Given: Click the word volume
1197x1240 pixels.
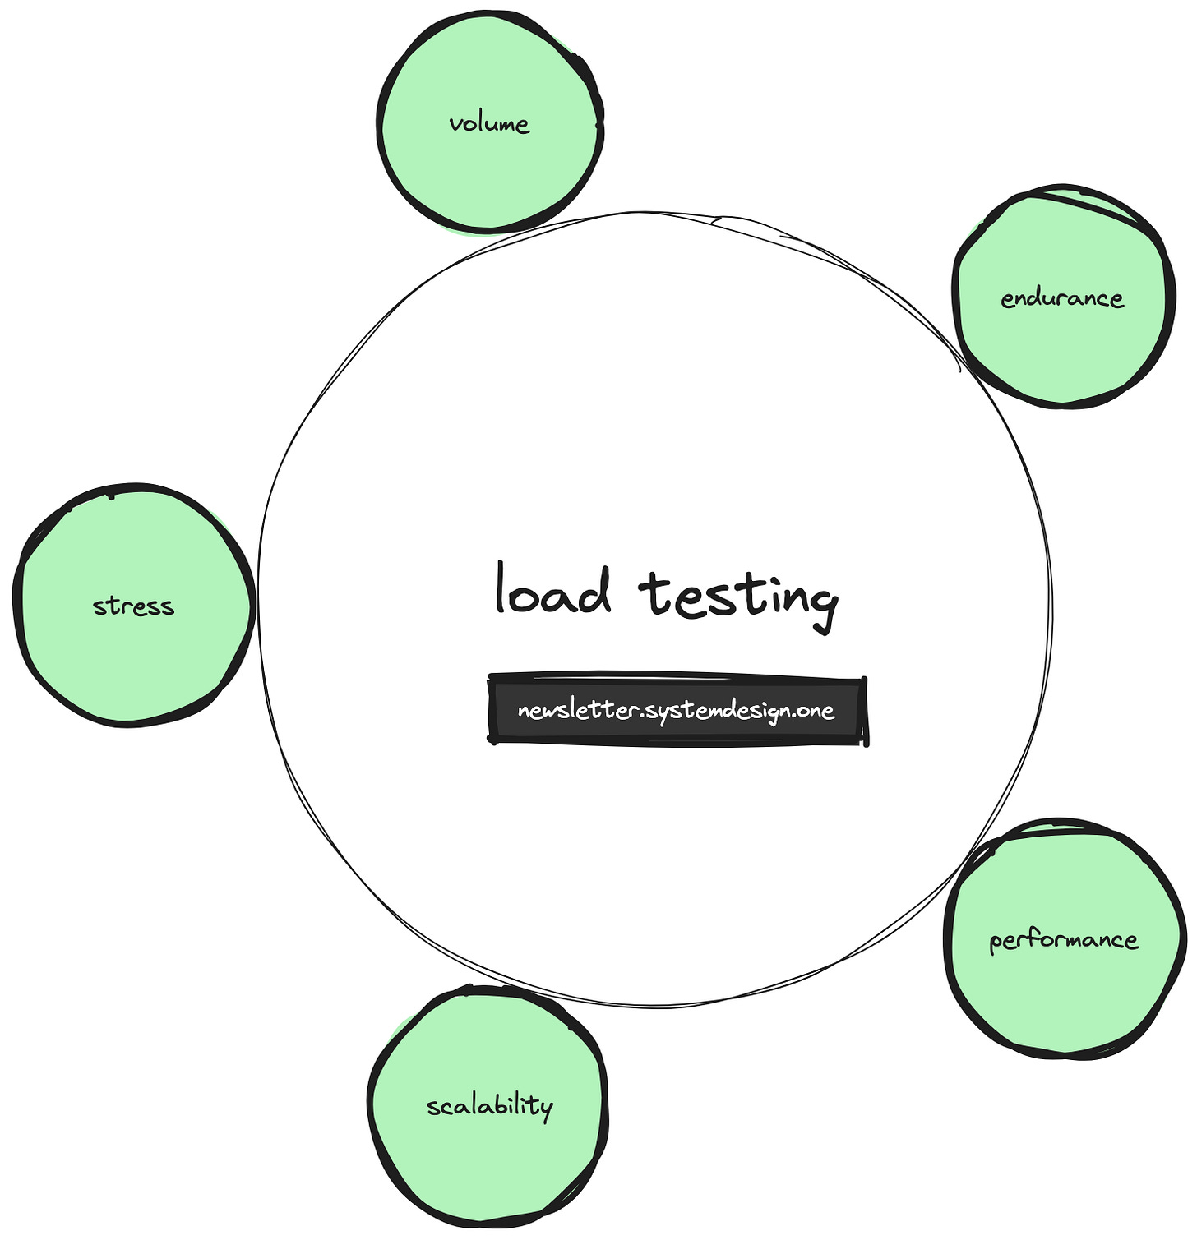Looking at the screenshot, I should click(x=489, y=124).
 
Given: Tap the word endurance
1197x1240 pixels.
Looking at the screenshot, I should click(x=1062, y=297).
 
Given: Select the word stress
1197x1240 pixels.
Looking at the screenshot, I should click(x=133, y=606).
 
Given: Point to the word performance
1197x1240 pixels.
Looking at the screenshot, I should click(x=1064, y=940).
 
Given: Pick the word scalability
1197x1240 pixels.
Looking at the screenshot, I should click(x=489, y=1106).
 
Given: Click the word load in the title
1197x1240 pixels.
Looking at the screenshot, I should click(x=553, y=591).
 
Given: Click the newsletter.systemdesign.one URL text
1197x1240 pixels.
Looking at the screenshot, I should click(x=676, y=710).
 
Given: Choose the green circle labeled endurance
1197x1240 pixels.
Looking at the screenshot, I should click(x=1061, y=353).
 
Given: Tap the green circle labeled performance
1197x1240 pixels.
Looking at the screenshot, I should click(x=1065, y=994).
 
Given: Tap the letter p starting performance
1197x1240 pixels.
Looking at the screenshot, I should click(x=997, y=943).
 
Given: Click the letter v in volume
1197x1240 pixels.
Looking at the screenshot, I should click(x=455, y=126).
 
